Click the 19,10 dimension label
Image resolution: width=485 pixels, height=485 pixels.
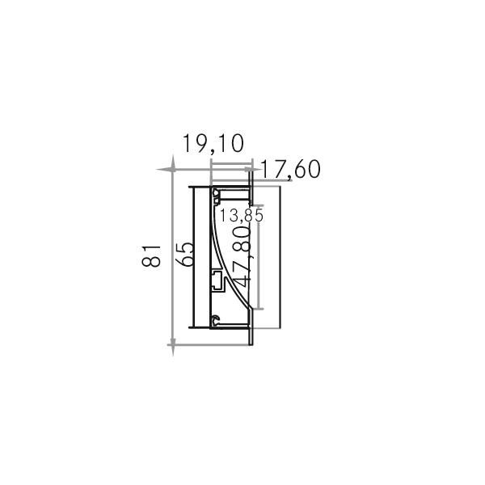pos(213,145)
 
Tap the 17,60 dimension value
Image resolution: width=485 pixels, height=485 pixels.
pos(292,170)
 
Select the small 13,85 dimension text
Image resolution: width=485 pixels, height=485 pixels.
pos(242,216)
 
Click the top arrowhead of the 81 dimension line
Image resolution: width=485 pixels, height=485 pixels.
pos(171,172)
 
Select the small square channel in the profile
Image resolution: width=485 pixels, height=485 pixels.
pos(217,280)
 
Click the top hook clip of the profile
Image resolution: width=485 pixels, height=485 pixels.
pos(217,193)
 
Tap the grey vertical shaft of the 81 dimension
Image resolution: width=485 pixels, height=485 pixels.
pos(171,259)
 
